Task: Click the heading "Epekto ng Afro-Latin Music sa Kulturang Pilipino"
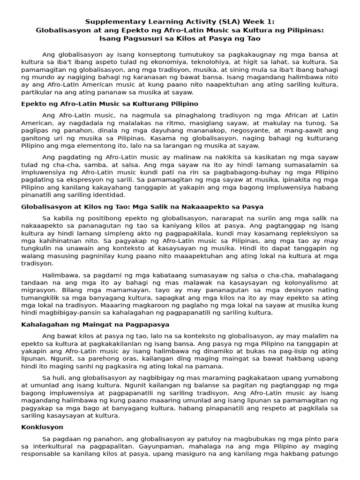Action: pos(110,104)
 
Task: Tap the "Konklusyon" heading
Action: pos(42,427)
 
